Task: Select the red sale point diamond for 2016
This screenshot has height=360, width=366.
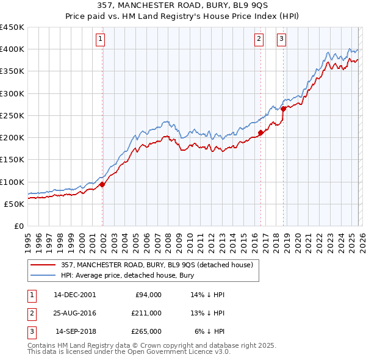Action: coord(261,132)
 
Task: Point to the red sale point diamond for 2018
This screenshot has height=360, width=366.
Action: coord(284,109)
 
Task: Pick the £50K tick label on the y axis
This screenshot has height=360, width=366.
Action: coord(15,204)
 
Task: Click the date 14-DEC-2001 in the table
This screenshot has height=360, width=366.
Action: coord(74,295)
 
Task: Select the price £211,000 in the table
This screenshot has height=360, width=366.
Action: coord(146,313)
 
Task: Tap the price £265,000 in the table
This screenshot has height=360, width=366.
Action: coord(146,331)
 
